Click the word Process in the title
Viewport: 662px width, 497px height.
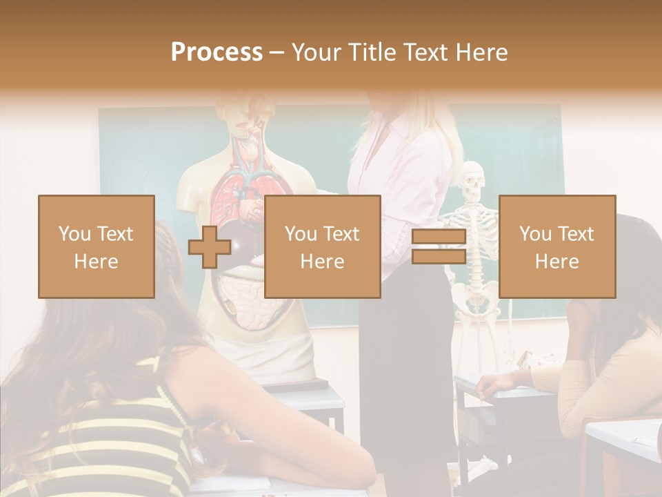[217, 52]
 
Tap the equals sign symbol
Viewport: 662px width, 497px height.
[439, 247]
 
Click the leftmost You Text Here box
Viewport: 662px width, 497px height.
[96, 246]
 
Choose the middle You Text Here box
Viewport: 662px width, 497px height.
[322, 246]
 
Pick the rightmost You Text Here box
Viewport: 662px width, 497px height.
[557, 246]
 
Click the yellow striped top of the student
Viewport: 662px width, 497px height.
[103, 449]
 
